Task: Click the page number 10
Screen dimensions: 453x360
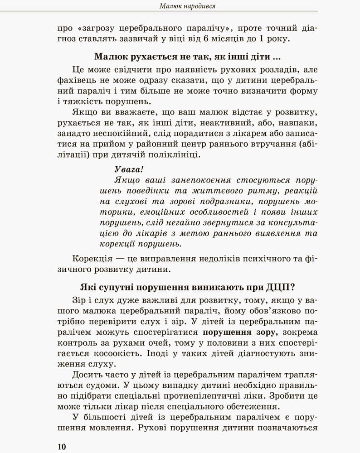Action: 62,446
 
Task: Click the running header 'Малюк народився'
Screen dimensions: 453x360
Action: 187,6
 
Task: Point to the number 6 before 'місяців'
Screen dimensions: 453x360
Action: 206,39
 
